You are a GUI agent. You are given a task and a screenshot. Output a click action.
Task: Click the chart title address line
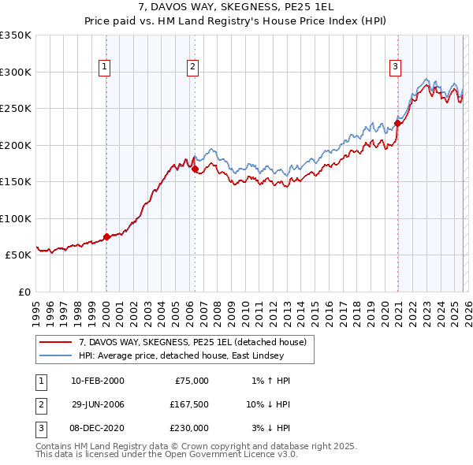(x=236, y=6)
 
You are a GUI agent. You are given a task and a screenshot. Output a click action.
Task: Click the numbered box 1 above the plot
(x=105, y=68)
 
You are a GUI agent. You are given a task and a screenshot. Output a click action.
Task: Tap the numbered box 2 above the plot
(x=192, y=68)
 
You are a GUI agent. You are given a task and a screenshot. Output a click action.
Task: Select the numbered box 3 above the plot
(x=395, y=68)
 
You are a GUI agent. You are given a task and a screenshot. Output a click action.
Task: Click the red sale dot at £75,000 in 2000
(x=106, y=236)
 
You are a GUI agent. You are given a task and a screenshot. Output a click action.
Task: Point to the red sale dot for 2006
(x=195, y=168)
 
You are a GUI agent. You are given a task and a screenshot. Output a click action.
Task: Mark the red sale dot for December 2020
(x=398, y=122)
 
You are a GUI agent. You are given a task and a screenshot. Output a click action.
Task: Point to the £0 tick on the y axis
(x=23, y=292)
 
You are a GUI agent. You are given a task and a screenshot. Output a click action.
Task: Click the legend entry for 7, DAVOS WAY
(x=196, y=342)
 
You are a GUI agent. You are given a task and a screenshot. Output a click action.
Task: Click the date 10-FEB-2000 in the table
(x=97, y=381)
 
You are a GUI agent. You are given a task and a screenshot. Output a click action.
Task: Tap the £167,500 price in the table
(x=188, y=404)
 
